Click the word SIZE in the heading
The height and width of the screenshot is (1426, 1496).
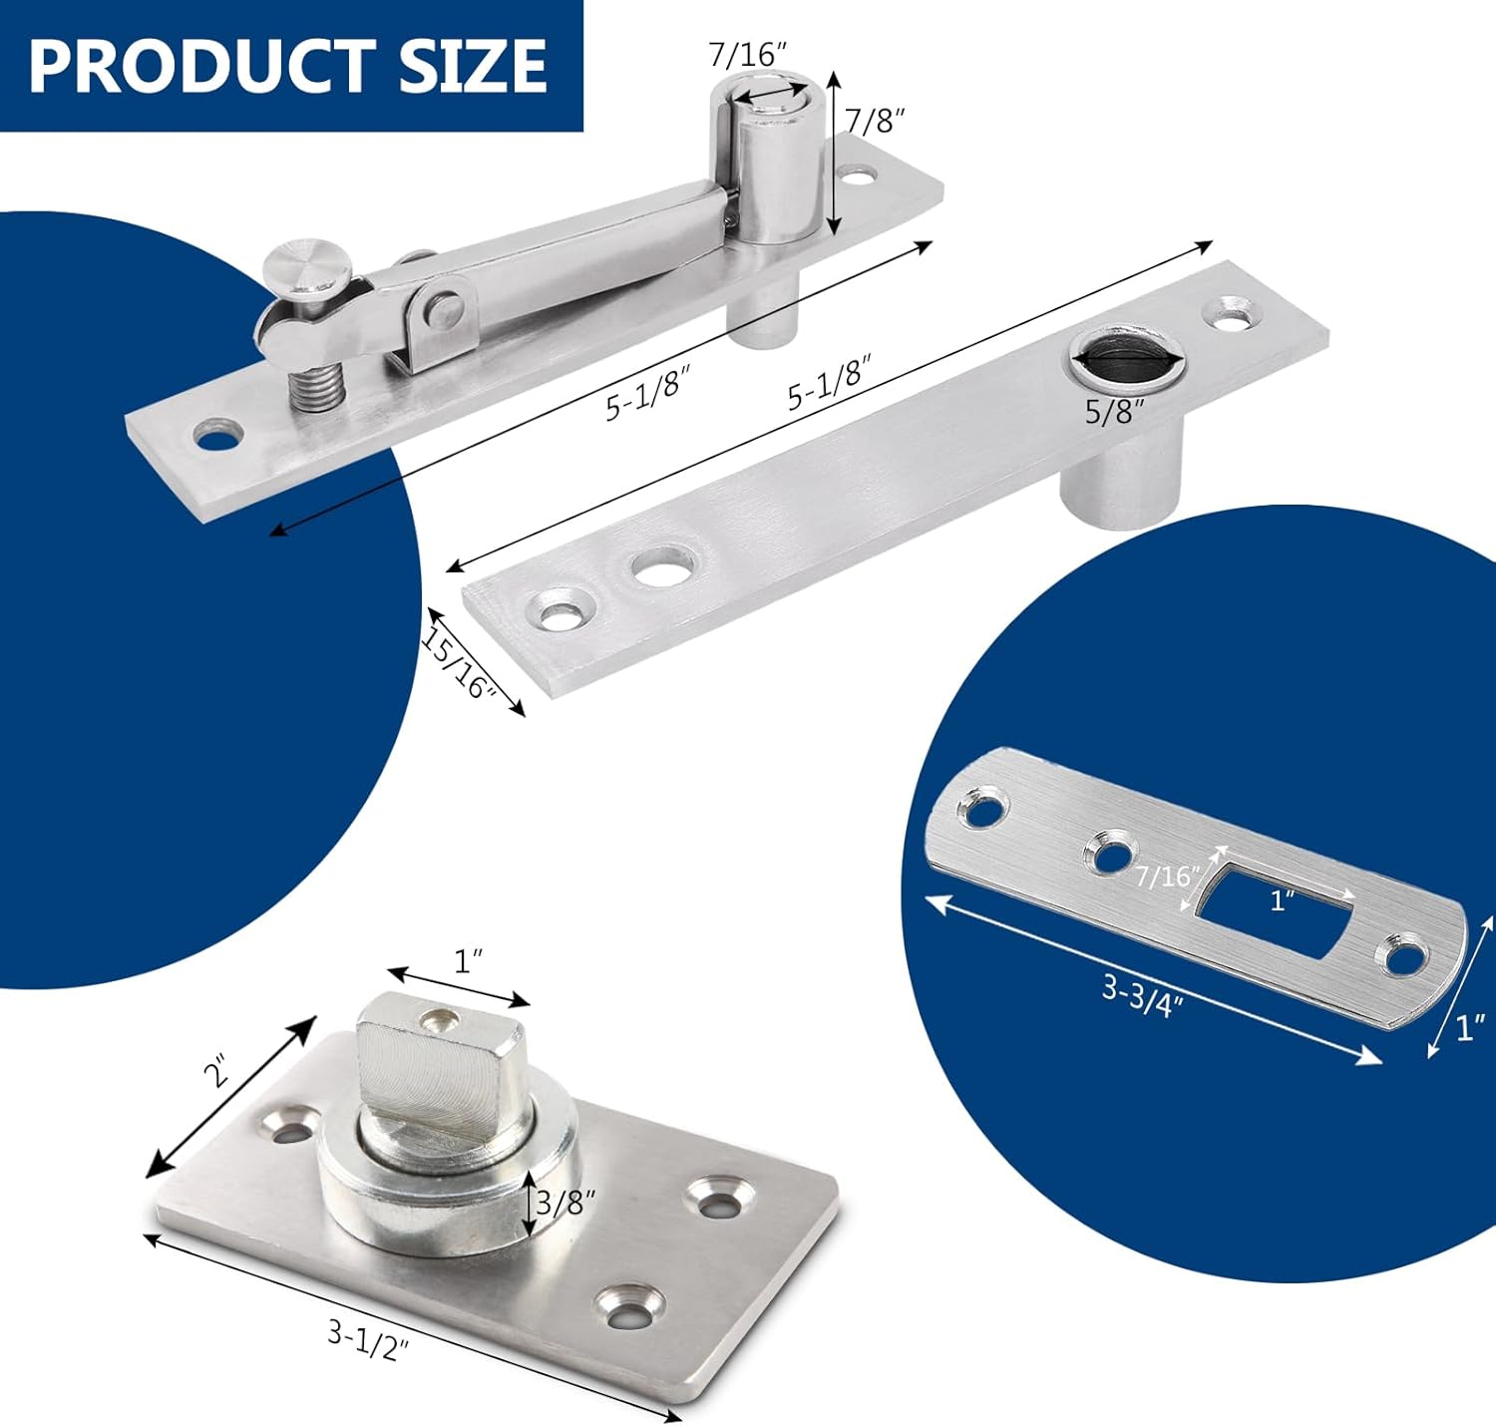pyautogui.click(x=473, y=65)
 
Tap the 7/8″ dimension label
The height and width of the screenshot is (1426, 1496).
pyautogui.click(x=875, y=120)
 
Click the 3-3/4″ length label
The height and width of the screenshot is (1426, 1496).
pyautogui.click(x=1142, y=994)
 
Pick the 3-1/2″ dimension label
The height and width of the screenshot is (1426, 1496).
pyautogui.click(x=368, y=1339)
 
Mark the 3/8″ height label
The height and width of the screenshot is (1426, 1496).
pyautogui.click(x=565, y=1202)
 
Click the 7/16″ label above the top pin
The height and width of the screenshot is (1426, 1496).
pyautogui.click(x=742, y=54)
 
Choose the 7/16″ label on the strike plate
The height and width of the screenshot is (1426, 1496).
pyautogui.click(x=1167, y=876)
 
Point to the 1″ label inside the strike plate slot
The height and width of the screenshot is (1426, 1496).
pyautogui.click(x=1282, y=900)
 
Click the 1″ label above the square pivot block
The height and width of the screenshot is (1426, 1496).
pyautogui.click(x=469, y=961)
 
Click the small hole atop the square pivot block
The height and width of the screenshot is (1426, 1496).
pyautogui.click(x=438, y=1019)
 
